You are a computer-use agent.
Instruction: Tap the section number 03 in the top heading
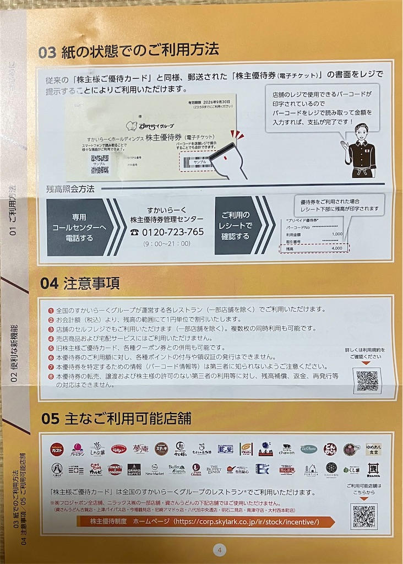click(x=47, y=51)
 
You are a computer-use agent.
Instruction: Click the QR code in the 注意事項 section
click(x=367, y=380)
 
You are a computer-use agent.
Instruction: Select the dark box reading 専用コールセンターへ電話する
click(x=77, y=226)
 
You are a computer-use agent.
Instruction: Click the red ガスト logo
click(x=57, y=449)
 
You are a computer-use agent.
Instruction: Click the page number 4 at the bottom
click(x=219, y=550)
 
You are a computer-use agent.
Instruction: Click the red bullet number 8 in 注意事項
click(x=50, y=376)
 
